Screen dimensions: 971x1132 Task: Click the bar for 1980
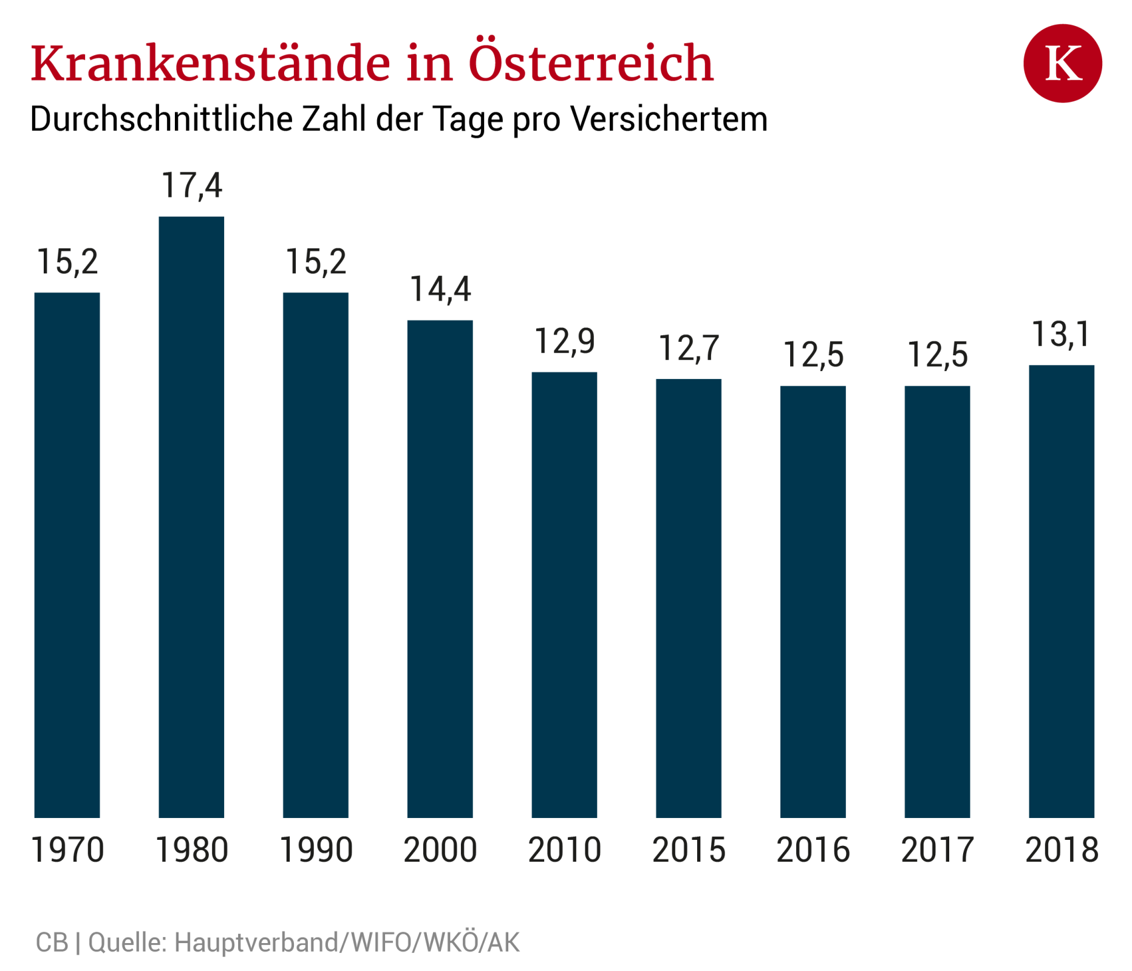[191, 516]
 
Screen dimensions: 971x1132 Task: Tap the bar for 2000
[440, 568]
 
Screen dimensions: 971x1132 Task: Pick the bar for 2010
[564, 595]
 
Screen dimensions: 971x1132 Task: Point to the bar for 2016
[813, 601]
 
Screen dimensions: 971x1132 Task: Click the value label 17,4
[191, 185]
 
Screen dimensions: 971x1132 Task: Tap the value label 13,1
[1061, 334]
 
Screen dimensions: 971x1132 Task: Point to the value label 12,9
[564, 341]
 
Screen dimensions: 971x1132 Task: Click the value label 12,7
[689, 348]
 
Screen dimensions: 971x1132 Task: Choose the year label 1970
[67, 850]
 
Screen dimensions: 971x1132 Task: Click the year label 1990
[316, 850]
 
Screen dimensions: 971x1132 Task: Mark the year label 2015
[689, 850]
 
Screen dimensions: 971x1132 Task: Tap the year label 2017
[937, 850]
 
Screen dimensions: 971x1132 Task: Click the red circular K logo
[1062, 63]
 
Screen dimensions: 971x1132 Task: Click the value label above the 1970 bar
[67, 262]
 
